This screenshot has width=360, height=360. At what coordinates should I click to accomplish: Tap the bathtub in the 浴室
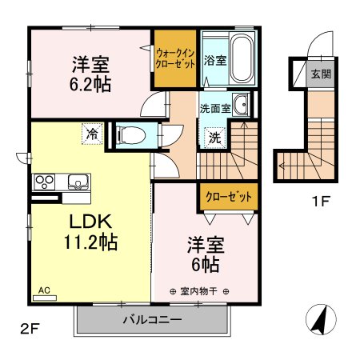click(242, 58)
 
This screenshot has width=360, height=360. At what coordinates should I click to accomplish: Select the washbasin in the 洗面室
click(241, 105)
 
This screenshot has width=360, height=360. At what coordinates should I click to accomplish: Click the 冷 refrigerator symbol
click(92, 134)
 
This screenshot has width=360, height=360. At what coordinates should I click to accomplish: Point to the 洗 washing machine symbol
click(215, 138)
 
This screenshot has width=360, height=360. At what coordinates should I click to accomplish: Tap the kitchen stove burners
click(44, 182)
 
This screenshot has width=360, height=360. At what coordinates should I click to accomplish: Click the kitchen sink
click(78, 182)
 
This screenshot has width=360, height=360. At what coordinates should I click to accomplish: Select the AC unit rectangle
click(45, 298)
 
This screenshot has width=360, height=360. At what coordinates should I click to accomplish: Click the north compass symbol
click(321, 319)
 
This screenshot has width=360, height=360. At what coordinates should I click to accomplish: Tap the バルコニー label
click(152, 319)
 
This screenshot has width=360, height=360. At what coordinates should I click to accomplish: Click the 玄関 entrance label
click(321, 74)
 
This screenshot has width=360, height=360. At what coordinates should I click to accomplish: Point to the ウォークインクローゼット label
click(175, 58)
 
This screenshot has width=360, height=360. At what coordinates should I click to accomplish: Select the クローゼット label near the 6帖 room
click(229, 197)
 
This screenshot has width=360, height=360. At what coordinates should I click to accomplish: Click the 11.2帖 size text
click(90, 242)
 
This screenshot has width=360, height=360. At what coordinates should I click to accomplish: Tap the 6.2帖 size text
click(90, 84)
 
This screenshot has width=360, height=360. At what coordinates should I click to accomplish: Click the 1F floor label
click(321, 201)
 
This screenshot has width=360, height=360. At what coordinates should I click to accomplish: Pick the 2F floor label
click(30, 329)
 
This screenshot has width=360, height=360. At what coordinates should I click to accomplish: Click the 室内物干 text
click(198, 291)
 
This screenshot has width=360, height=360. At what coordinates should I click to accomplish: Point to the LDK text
click(90, 222)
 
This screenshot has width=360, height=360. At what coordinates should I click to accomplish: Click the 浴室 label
click(215, 60)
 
